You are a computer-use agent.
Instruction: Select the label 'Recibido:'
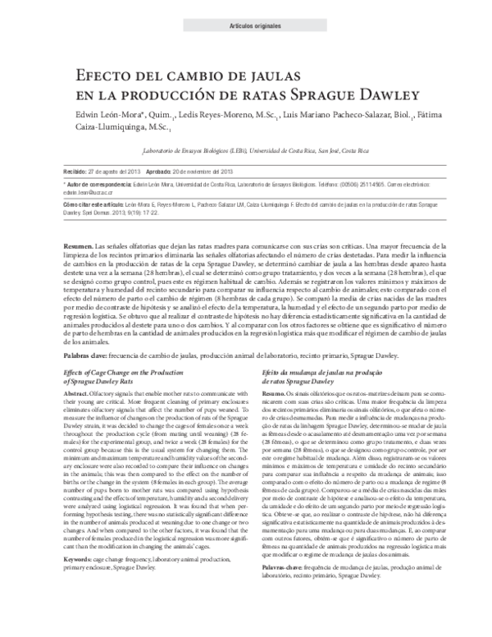point(75,171)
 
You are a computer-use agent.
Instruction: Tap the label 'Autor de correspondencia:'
point(99,186)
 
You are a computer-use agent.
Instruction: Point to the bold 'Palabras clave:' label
point(87,355)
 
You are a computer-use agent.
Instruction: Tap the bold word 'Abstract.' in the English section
point(78,394)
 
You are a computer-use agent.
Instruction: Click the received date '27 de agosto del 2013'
point(116,171)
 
